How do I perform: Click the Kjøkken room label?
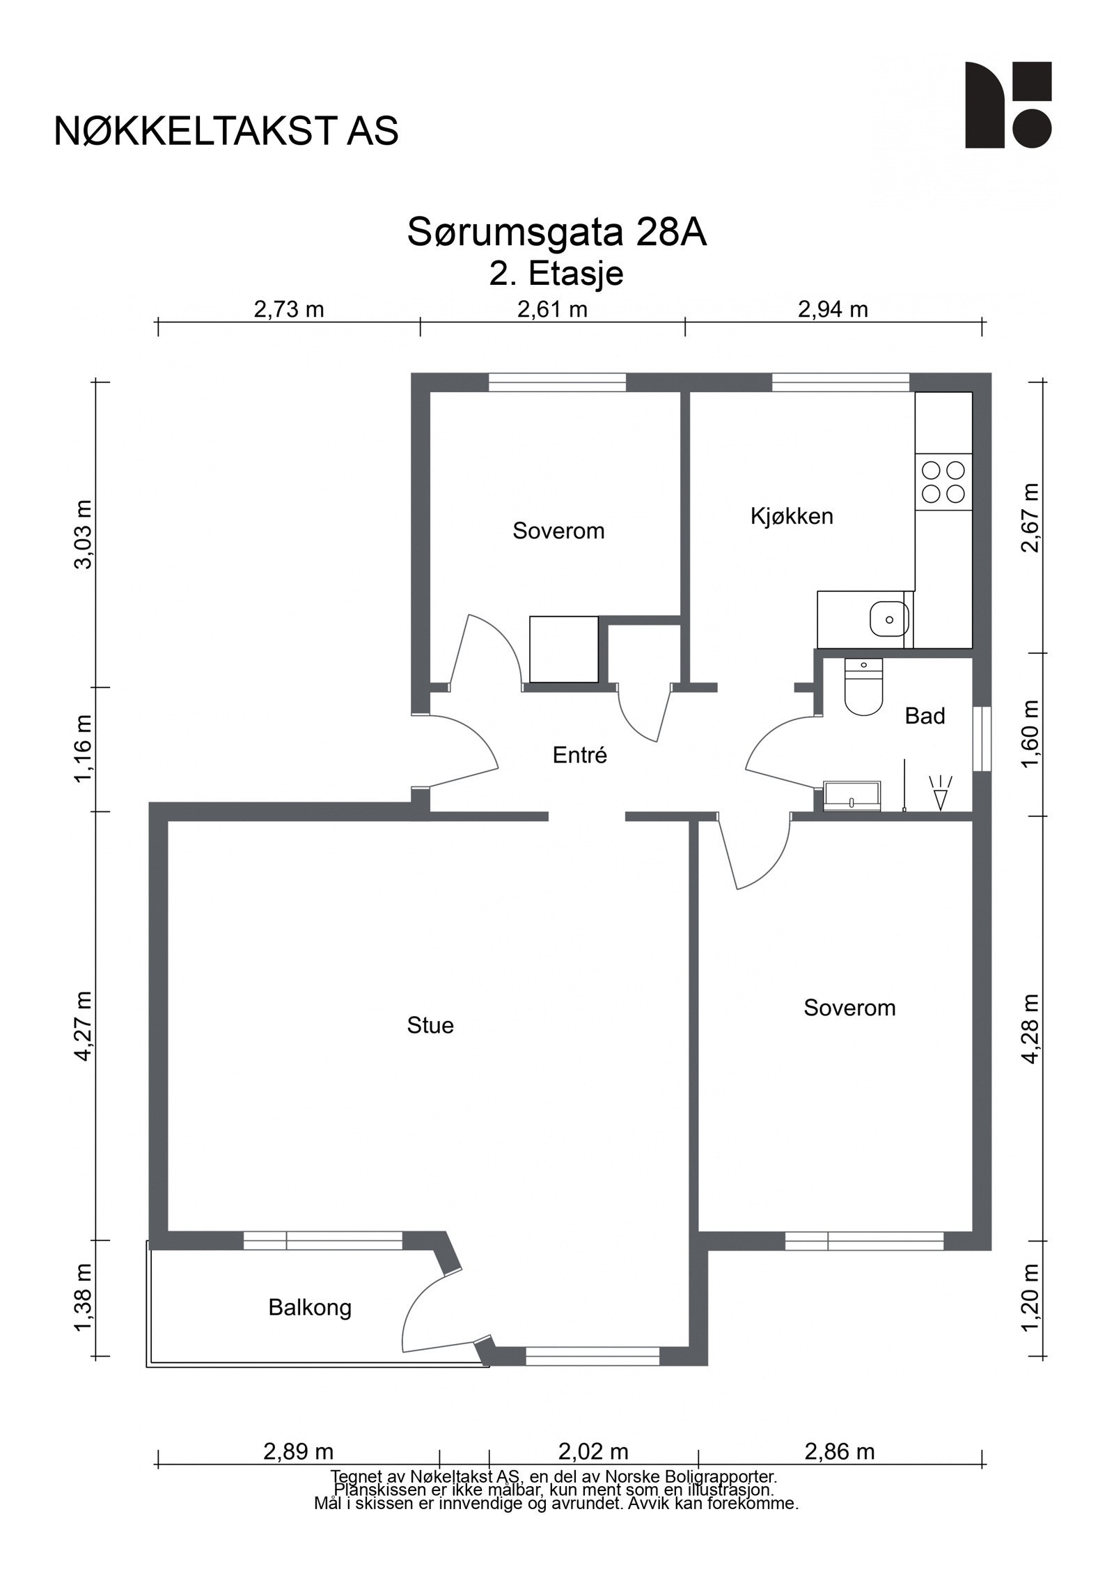pos(792,517)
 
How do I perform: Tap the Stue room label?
pos(430,1026)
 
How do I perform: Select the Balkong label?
pos(310,1309)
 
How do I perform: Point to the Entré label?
pos(580,755)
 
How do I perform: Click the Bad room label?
pos(925,716)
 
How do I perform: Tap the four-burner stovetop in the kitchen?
pos(943,482)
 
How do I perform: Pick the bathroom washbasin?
pos(852,797)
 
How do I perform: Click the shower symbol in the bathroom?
pos(940,793)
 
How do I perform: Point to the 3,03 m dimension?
pos(84,534)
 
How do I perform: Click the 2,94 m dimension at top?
pos(833,309)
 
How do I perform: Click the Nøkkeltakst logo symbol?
pos(1008,105)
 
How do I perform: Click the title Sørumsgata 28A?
pos(557,233)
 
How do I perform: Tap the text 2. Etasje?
pos(556,274)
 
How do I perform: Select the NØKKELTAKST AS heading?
pos(226,130)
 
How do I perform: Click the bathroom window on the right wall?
pos(982,739)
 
